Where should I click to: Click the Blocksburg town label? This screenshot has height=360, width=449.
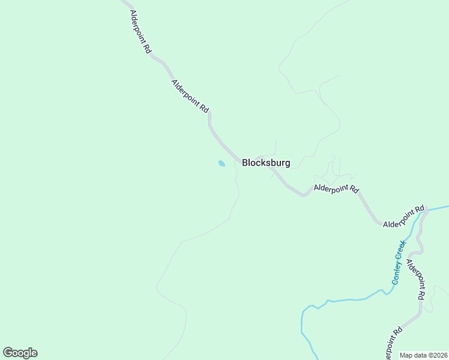266,163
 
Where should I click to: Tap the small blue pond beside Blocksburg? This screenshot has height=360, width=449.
221,163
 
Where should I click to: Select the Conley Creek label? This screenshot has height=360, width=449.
399,262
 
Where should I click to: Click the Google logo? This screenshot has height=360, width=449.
20,353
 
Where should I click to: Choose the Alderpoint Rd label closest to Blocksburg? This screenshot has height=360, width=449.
336,189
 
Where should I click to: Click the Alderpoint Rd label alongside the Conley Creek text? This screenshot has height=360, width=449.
416,280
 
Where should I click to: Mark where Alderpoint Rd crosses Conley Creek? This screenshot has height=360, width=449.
426,210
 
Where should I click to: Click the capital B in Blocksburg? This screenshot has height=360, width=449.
246,163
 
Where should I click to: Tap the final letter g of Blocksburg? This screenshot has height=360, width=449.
287,164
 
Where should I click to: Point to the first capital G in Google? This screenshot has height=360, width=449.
7,353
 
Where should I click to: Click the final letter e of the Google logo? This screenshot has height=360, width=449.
34,353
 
